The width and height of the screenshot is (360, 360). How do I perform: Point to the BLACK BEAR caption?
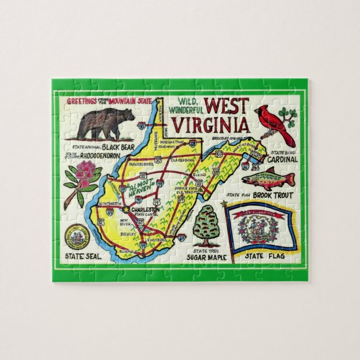[110, 147]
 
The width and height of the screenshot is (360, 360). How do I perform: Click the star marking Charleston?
[127, 210]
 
